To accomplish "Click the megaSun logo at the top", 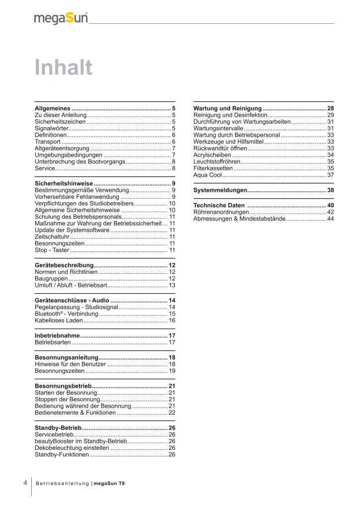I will (x=61, y=18).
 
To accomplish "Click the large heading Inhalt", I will (x=63, y=68).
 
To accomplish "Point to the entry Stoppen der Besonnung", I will (x=67, y=399).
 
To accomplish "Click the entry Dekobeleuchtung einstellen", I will (x=72, y=447).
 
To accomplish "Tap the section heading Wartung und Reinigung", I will (x=227, y=108).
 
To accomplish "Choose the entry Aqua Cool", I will (x=207, y=174).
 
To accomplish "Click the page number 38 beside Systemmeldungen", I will (x=330, y=190).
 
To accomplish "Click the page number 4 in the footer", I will (x=25, y=482).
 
